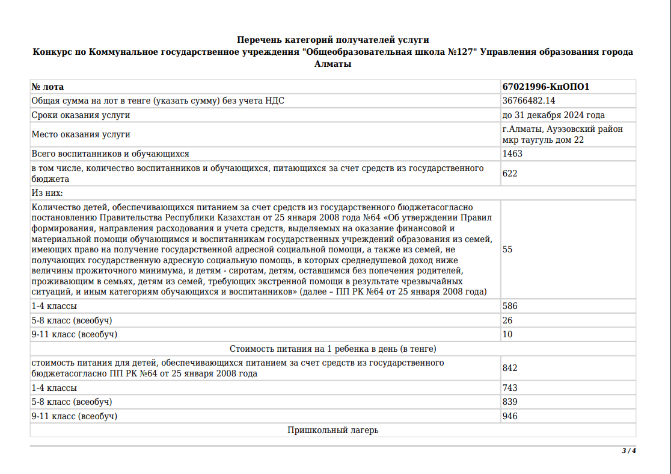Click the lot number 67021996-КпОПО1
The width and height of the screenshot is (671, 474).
coord(545,87)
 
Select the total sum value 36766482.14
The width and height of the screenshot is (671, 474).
coord(529,101)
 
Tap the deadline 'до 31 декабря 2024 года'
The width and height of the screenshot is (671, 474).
coord(553,115)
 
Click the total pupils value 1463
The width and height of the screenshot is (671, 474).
coord(512,154)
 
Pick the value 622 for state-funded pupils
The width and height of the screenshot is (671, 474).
coord(509,173)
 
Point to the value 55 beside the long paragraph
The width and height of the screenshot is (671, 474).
coord(507,249)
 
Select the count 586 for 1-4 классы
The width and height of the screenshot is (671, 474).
coord(509,306)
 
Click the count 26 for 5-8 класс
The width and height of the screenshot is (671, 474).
coord(507,320)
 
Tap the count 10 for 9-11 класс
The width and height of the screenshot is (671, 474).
coord(507,334)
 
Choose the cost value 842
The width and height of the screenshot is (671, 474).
coord(509,368)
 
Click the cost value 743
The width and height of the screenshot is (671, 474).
coord(509,388)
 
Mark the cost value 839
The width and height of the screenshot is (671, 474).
coord(509,402)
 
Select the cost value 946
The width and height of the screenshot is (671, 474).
coord(509,416)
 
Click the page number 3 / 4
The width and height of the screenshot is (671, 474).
coord(628,451)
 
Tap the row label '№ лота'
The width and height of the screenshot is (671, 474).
coord(47,87)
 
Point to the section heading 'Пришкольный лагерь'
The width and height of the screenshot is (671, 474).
coord(332,430)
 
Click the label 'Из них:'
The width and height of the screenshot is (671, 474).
coord(47,193)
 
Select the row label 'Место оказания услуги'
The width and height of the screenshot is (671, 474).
coord(81,134)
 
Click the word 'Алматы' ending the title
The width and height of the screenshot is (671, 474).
coord(332,63)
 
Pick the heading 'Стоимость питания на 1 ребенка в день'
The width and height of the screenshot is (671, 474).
coord(332,349)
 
